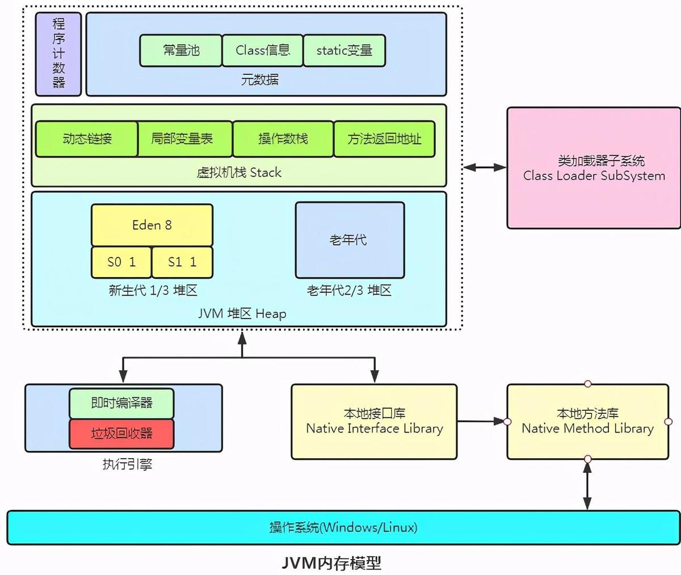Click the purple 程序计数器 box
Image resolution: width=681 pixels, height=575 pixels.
[58, 54]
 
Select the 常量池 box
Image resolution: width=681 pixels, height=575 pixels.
[180, 51]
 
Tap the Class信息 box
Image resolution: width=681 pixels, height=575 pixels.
[262, 51]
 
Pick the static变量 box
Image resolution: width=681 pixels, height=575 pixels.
[344, 51]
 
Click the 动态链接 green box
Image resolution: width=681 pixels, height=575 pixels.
[87, 138]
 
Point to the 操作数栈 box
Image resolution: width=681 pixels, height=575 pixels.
[283, 138]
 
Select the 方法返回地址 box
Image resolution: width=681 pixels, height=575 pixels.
[384, 138]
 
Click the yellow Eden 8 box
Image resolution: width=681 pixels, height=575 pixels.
[152, 225]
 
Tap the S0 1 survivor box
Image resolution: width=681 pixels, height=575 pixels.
[121, 262]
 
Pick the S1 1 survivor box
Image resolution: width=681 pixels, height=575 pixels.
[182, 262]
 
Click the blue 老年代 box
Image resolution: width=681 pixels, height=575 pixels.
[350, 240]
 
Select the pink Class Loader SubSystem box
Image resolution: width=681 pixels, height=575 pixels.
[594, 168]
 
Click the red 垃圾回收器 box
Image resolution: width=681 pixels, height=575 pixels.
[121, 434]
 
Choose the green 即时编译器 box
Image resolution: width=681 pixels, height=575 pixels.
[121, 403]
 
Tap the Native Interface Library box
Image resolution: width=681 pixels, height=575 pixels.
[374, 421]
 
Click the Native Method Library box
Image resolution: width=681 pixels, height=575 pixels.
[587, 421]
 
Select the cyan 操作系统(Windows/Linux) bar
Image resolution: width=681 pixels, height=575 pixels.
[343, 527]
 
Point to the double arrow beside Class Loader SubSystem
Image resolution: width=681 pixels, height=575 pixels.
[485, 167]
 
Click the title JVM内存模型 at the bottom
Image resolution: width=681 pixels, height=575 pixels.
[331, 563]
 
